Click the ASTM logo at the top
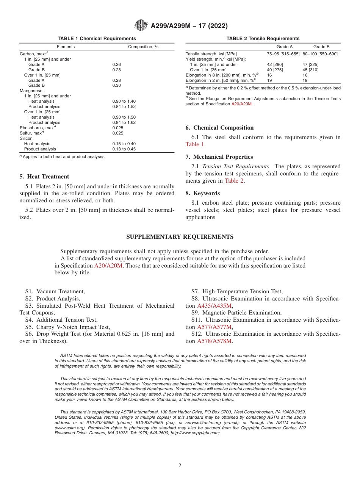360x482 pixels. click(141, 26)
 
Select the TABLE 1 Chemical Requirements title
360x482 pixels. click(97, 39)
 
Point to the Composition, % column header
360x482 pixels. click(143, 47)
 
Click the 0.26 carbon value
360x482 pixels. click(116, 64)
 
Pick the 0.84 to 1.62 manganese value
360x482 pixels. click(124, 122)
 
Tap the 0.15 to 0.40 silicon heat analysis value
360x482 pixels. click(124, 144)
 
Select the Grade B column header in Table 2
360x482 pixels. click(321, 47)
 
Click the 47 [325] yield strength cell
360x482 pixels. click(310, 64)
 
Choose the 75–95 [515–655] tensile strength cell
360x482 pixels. click(283, 54)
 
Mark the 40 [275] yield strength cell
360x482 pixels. click(275, 70)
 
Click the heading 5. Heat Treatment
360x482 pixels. click(44, 177)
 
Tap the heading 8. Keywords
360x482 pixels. click(202, 193)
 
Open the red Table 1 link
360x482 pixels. click(195, 144)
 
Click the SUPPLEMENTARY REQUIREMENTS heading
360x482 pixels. click(180, 237)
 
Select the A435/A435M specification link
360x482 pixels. click(214, 306)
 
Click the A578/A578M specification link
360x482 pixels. click(214, 341)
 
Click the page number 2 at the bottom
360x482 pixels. click(180, 466)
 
